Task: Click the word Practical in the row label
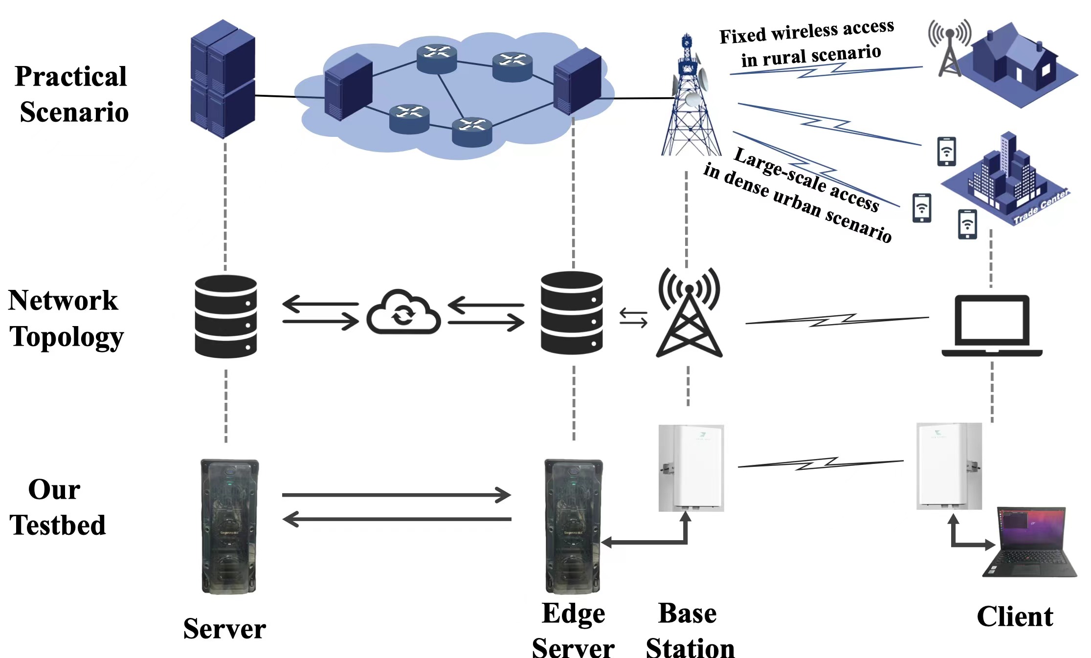tap(71, 76)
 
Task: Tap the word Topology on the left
tap(67, 337)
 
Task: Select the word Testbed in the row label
tap(58, 525)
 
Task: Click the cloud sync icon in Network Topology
tap(403, 313)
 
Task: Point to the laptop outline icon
tap(992, 326)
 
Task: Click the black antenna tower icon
tap(689, 313)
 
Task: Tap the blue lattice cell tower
tap(690, 98)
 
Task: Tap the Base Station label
tap(690, 631)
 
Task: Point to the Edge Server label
tap(573, 631)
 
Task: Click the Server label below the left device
tap(224, 629)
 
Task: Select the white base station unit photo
tap(690, 468)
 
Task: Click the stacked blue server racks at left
tap(223, 79)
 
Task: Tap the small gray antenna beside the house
tap(949, 49)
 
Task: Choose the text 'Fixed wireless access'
tap(806, 31)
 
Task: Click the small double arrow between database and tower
tap(633, 318)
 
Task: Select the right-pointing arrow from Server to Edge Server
tap(396, 495)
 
